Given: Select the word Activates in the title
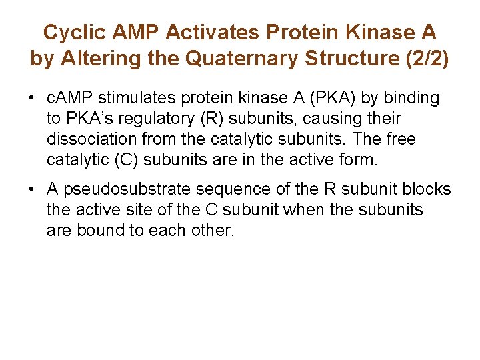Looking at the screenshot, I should (x=219, y=32).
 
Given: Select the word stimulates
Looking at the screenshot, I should (x=136, y=99).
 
